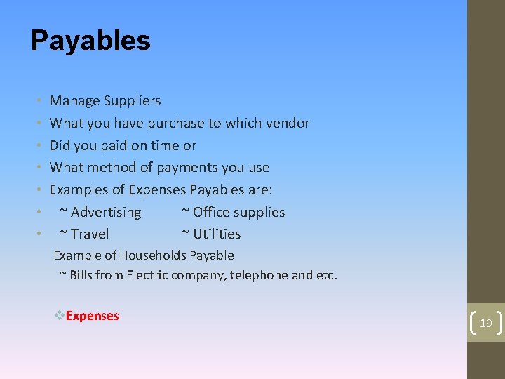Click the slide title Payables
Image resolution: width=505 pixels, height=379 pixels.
pyautogui.click(x=90, y=41)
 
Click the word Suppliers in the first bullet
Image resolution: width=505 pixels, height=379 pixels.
pyautogui.click(x=133, y=101)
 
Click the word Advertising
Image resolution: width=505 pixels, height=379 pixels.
pyautogui.click(x=106, y=212)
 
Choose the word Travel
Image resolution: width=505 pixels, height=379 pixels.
pyautogui.click(x=90, y=234)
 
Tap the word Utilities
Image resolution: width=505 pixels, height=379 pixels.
pyautogui.click(x=217, y=234)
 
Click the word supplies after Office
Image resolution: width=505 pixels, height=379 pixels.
pyautogui.click(x=259, y=213)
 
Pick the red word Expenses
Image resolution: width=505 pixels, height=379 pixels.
pyautogui.click(x=93, y=316)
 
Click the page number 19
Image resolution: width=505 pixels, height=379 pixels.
pyautogui.click(x=485, y=324)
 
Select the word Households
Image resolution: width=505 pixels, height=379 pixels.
pyautogui.click(x=152, y=255)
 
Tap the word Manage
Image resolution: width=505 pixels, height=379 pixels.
pyautogui.click(x=75, y=101)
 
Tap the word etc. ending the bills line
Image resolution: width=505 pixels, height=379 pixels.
pyautogui.click(x=327, y=275)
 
